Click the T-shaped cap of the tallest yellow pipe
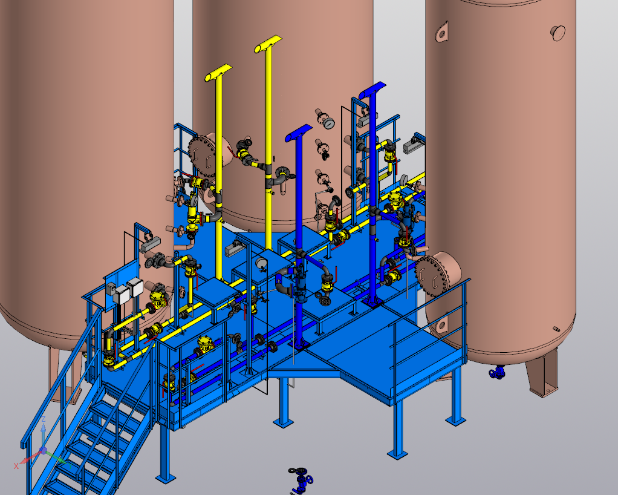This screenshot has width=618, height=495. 268,44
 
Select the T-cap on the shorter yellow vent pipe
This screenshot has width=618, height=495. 218,73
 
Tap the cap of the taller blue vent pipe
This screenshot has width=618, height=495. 372,90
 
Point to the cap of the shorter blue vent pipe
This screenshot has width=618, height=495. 298,133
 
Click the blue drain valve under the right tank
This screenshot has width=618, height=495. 498,372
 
